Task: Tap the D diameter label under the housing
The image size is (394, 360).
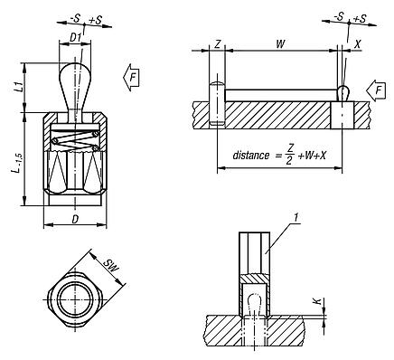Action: tap(75, 220)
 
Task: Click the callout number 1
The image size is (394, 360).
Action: tap(295, 215)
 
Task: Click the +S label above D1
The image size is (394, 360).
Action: tap(86, 17)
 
